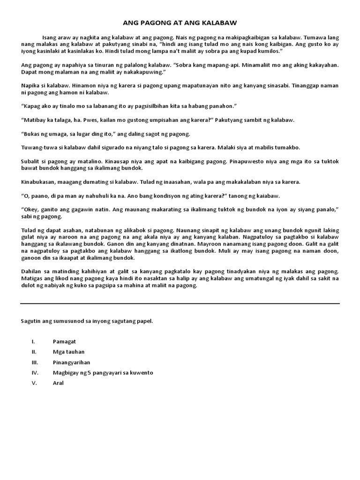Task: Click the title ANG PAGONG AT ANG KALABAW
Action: tap(180, 22)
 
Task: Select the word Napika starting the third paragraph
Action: tap(30, 86)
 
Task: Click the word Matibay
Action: tap(36, 120)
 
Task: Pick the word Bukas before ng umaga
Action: tap(32, 134)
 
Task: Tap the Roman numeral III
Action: tap(34, 362)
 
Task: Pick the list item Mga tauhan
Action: tap(69, 352)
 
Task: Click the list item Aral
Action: tap(58, 383)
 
